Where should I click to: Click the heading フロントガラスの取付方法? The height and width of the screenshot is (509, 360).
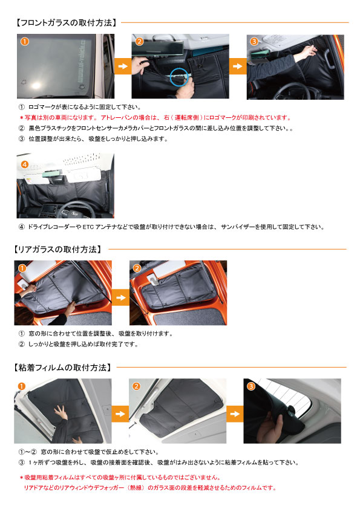click(x=67, y=23)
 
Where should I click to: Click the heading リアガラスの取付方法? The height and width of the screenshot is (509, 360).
click(x=57, y=249)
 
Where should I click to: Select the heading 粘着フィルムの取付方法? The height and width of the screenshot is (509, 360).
click(x=62, y=368)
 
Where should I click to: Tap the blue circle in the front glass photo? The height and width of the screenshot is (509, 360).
click(x=180, y=77)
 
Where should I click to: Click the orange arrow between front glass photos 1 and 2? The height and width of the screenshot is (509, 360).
click(x=123, y=66)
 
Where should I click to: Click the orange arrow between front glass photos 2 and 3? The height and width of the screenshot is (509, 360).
click(x=238, y=66)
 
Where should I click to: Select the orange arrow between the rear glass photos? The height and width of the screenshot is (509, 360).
click(x=120, y=297)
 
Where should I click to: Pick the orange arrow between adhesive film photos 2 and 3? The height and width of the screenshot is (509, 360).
click(x=235, y=413)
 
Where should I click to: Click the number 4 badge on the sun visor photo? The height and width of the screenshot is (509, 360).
click(x=24, y=164)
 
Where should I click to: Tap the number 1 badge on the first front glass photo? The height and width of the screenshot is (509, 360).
click(x=24, y=42)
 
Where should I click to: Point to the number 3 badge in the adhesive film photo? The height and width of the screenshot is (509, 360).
click(x=251, y=386)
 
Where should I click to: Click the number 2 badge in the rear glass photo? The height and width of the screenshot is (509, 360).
click(x=137, y=268)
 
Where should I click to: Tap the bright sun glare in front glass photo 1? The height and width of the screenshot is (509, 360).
click(x=36, y=86)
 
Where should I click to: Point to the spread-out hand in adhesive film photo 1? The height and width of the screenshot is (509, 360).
click(x=61, y=412)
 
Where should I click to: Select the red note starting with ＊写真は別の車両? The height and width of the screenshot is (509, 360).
click(x=155, y=117)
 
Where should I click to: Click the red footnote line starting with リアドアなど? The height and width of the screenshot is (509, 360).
click(x=150, y=488)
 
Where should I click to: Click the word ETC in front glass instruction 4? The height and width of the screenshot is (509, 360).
click(x=88, y=227)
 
